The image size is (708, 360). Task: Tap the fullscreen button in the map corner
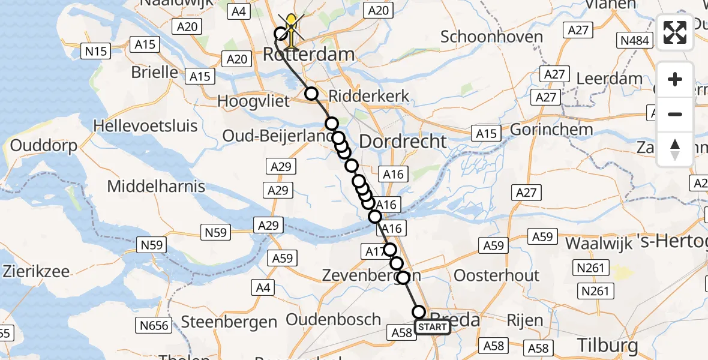(x=675, y=32)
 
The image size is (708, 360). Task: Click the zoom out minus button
(x=675, y=114)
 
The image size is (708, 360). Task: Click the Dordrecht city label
(x=403, y=142)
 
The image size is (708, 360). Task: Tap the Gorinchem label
(x=551, y=129)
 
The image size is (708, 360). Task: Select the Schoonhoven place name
(x=491, y=37)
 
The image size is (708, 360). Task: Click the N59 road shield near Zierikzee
(x=152, y=245)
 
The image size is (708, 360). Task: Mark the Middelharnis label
(x=156, y=186)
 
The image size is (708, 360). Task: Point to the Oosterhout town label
(x=497, y=275)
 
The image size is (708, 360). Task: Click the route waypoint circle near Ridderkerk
(x=311, y=93)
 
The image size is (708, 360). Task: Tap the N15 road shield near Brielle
(x=96, y=51)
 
